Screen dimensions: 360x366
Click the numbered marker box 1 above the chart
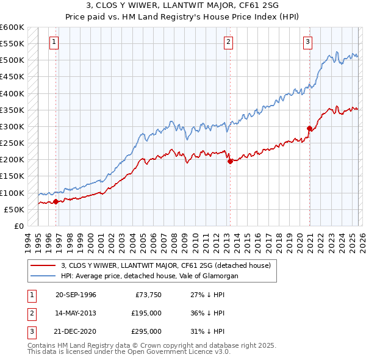point(54,42)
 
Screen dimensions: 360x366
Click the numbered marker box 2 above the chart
point(228,42)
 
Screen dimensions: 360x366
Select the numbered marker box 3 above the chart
point(308,42)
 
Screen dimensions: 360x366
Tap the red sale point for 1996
point(56,201)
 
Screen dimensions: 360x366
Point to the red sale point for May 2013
point(229,162)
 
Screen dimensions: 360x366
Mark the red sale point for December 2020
point(309,129)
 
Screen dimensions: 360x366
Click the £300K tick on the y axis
point(12,127)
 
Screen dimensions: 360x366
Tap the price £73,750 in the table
point(148,295)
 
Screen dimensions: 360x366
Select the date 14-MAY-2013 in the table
point(76,313)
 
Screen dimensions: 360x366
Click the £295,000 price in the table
point(146,331)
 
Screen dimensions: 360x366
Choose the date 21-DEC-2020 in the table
point(76,331)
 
